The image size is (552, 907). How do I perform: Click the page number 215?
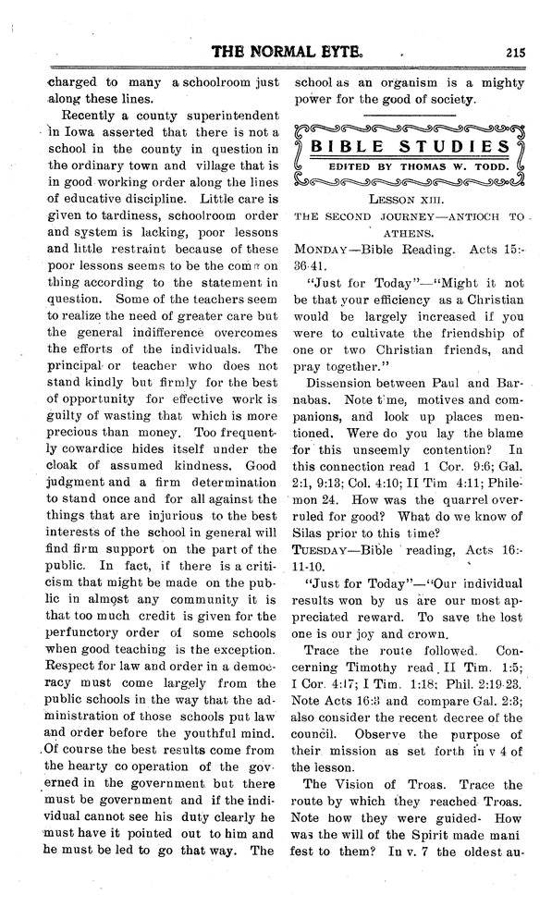(x=514, y=53)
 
